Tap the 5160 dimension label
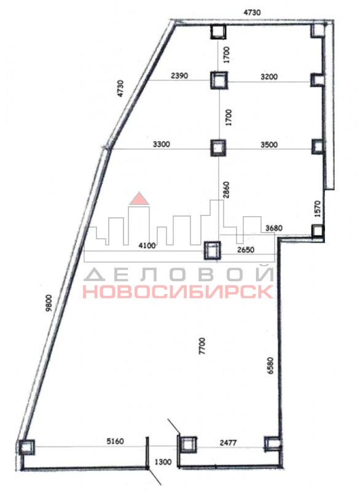point(115,441)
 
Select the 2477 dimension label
point(228,443)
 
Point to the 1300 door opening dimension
point(163,462)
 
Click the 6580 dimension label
point(270,365)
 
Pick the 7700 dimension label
point(202,346)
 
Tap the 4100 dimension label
point(147,245)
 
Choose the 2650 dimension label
point(246,250)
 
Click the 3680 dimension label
point(273,228)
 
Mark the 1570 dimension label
point(318,209)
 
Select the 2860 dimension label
point(227,190)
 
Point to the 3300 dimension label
point(162,144)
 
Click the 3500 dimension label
point(269,145)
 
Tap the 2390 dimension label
point(179,75)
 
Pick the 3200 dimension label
point(269,77)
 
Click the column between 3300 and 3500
point(218,148)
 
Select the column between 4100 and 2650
point(213,250)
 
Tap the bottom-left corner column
point(26,447)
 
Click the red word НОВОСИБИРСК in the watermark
point(178,292)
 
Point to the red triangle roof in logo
point(139,198)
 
